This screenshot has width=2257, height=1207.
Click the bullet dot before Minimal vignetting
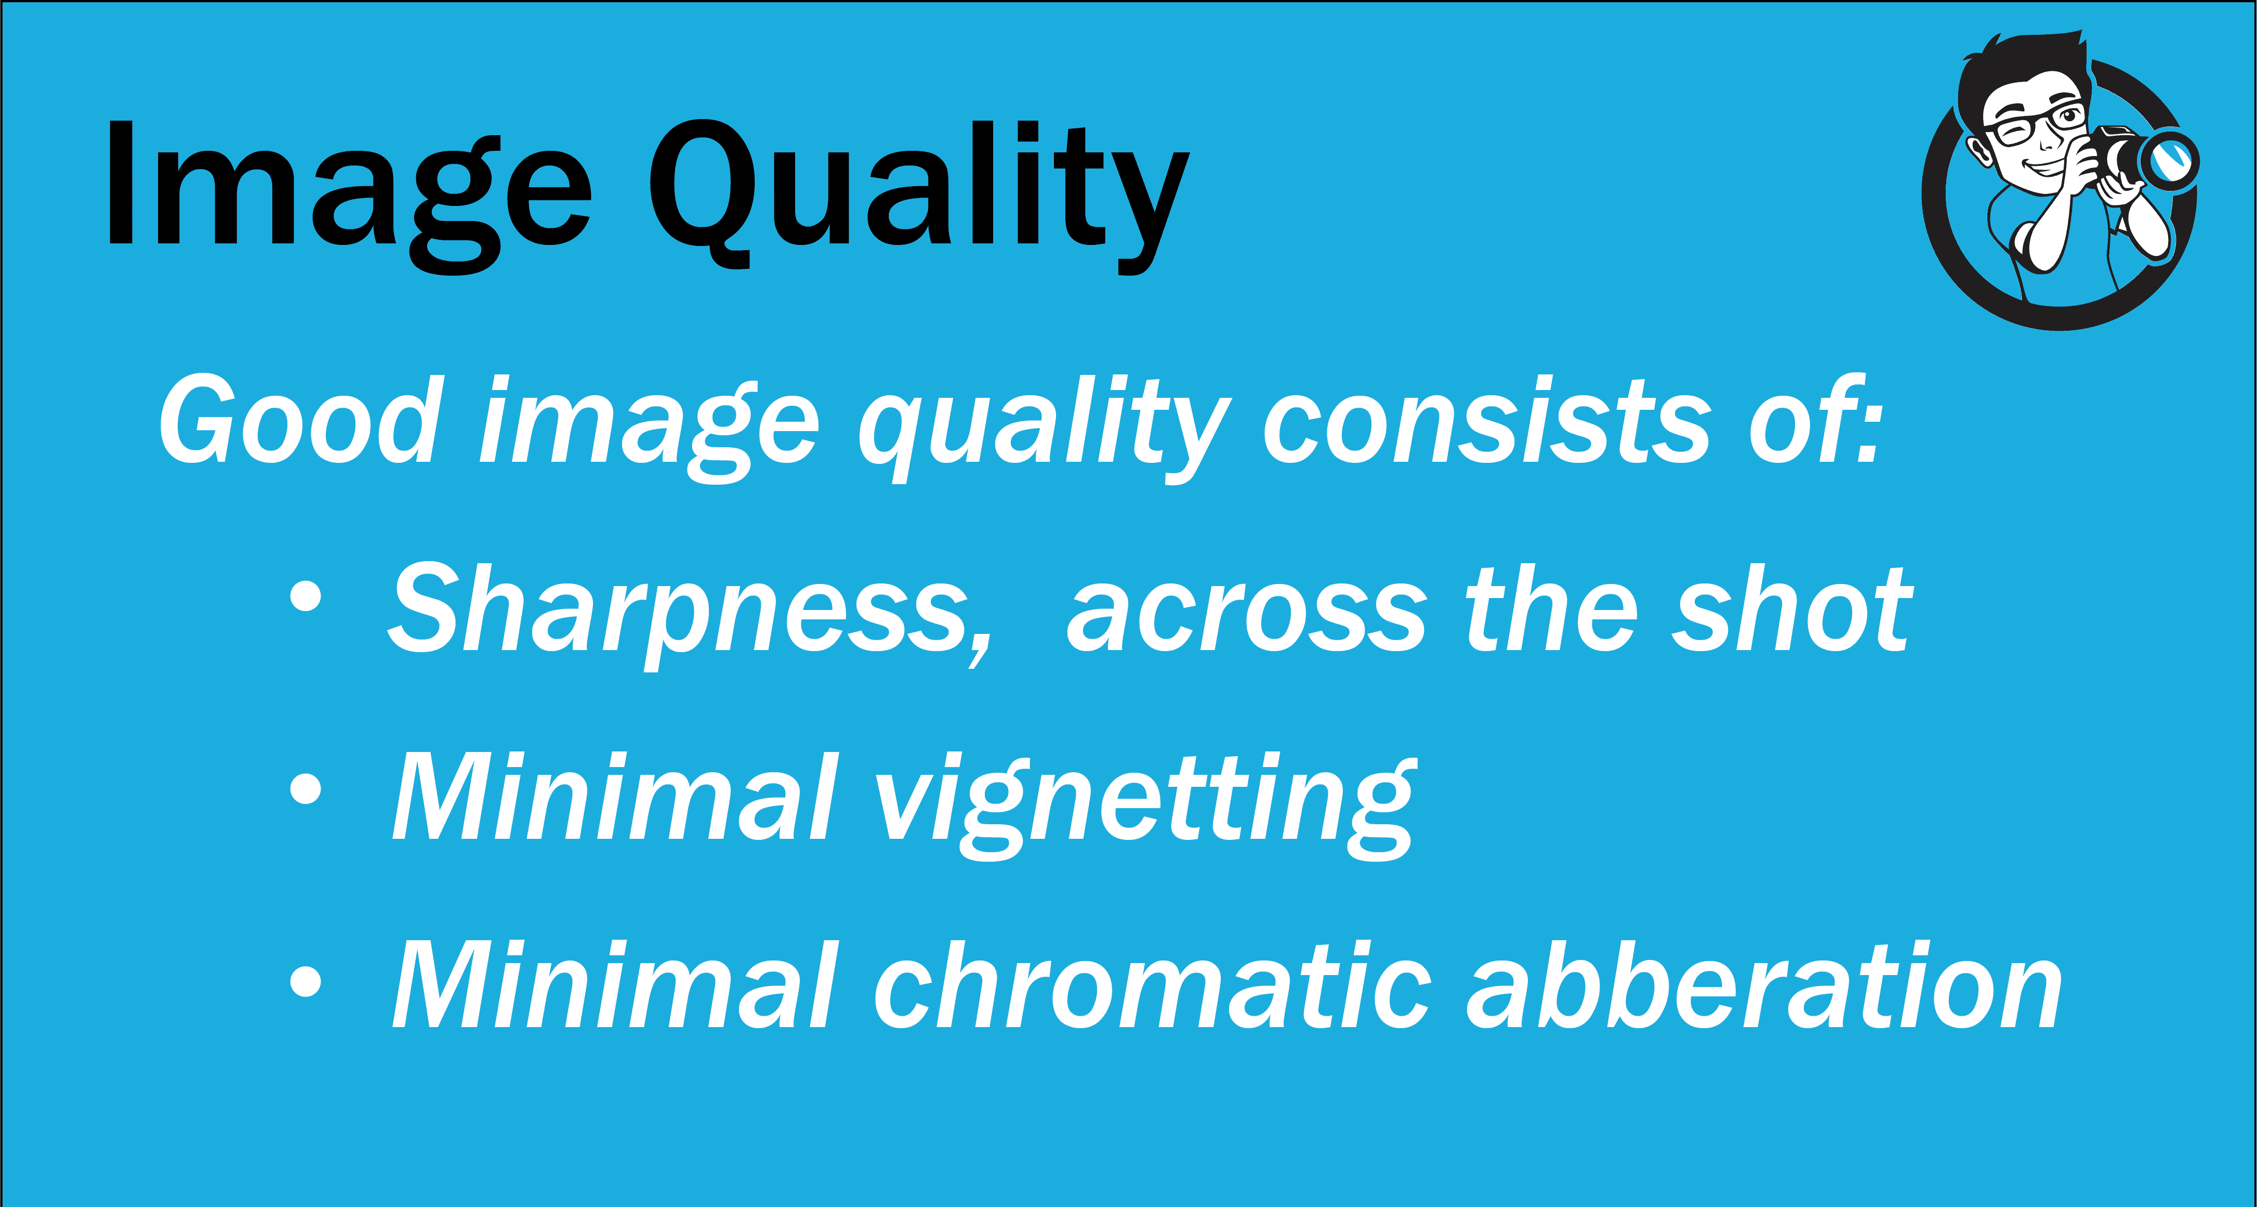tap(305, 787)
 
